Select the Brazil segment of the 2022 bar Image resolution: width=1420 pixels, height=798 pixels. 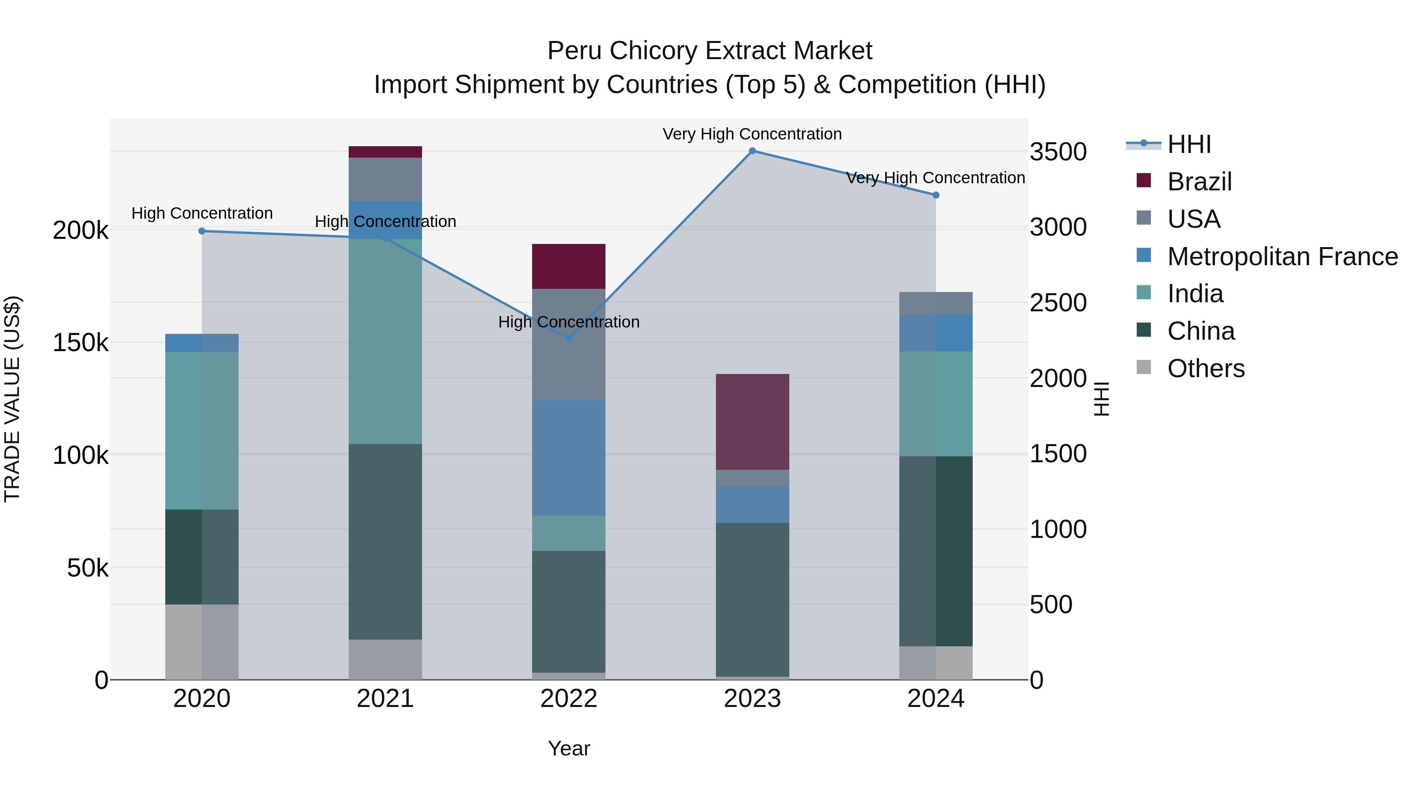[x=568, y=266]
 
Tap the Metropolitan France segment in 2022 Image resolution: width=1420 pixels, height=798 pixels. [x=568, y=457]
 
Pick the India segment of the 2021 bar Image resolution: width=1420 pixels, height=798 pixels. [x=385, y=341]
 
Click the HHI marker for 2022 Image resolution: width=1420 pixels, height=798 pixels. [x=569, y=339]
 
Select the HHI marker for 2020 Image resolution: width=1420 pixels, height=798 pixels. [x=202, y=231]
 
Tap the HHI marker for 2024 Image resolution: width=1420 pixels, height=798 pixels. [x=936, y=195]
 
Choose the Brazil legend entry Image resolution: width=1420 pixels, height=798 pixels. [x=1199, y=182]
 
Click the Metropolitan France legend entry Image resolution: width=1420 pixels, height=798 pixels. [x=1282, y=257]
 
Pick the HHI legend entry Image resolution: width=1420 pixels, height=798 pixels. [x=1188, y=144]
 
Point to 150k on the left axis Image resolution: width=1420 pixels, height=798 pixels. [x=80, y=342]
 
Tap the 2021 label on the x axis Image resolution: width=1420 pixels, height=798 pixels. [x=385, y=698]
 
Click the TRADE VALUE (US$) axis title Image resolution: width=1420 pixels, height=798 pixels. [x=12, y=399]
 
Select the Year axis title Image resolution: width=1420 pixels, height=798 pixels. [x=568, y=748]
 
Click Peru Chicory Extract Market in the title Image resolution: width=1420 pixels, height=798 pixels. [x=710, y=51]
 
